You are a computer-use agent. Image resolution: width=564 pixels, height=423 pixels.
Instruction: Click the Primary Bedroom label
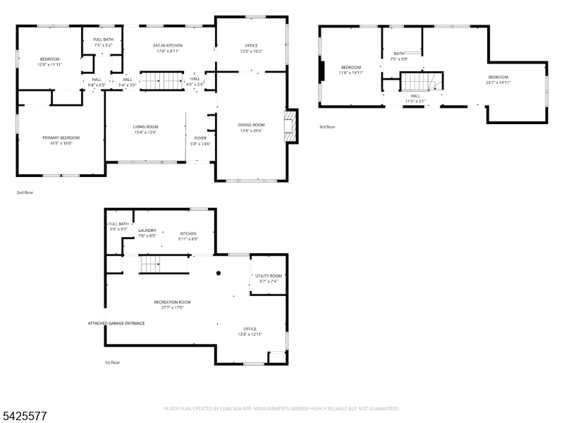(x=61, y=137)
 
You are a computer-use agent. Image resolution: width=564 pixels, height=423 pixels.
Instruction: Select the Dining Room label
(x=251, y=125)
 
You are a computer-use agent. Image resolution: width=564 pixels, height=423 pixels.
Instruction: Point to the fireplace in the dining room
(x=288, y=127)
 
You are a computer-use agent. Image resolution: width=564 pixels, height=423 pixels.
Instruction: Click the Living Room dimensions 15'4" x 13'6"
(x=145, y=132)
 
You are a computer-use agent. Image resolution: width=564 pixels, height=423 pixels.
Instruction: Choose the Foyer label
(x=200, y=138)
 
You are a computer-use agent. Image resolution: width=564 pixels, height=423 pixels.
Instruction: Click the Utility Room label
(x=268, y=276)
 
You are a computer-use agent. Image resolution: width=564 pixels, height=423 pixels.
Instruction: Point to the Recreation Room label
(x=172, y=302)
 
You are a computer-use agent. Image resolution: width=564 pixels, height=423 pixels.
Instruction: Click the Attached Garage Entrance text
(x=116, y=324)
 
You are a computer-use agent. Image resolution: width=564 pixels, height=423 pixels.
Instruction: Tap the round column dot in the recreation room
(x=219, y=273)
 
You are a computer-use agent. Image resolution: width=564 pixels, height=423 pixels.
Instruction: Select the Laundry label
(x=147, y=231)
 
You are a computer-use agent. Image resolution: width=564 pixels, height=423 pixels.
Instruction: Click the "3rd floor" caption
(x=327, y=128)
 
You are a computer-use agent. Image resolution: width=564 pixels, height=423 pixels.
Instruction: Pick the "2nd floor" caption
(x=25, y=192)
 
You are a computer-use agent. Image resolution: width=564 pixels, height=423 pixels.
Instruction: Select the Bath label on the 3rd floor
(x=399, y=54)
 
